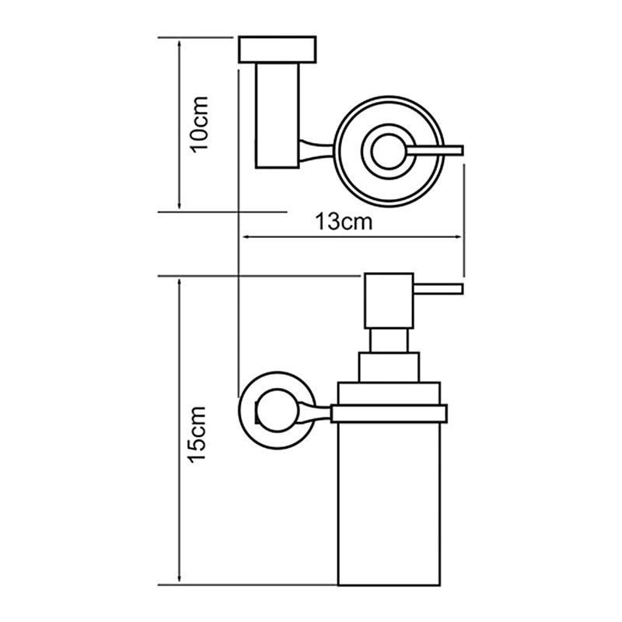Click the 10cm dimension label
(200, 124)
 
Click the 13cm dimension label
(344, 222)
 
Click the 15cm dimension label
(197, 435)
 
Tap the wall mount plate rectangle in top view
(278, 50)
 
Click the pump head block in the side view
(389, 301)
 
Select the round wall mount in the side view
(278, 411)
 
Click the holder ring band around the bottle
(390, 414)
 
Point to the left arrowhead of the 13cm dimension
(245, 237)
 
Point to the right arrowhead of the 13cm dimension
(459, 237)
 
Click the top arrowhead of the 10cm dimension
(180, 44)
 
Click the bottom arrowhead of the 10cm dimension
(180, 205)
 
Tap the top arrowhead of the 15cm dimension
(180, 282)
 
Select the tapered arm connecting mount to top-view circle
(316, 151)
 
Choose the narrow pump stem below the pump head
(389, 341)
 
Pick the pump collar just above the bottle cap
(389, 367)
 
